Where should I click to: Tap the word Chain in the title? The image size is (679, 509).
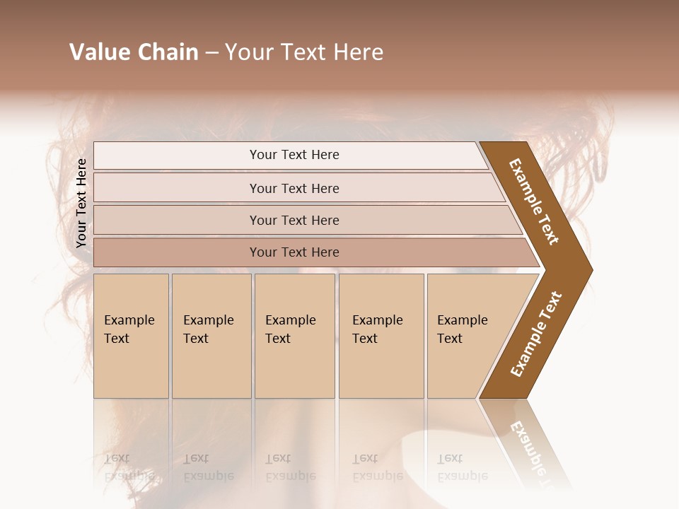[169, 52]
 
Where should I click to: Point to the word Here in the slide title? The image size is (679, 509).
[358, 52]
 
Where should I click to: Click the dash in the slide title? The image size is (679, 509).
[211, 53]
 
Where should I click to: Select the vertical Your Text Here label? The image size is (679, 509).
[81, 203]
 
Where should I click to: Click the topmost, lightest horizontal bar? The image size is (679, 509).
[294, 155]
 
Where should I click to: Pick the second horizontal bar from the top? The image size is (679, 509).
[294, 188]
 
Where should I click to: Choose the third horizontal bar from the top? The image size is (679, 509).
[294, 220]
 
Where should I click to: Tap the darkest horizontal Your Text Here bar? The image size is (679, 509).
[294, 252]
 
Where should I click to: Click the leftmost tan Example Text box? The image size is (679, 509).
[131, 336]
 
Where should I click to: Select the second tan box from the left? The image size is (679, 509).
[211, 336]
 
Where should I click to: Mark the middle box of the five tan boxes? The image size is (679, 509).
[294, 336]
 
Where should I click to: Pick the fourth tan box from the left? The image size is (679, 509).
[381, 336]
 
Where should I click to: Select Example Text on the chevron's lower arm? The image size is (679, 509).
[536, 334]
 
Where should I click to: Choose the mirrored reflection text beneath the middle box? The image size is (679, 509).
[291, 467]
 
